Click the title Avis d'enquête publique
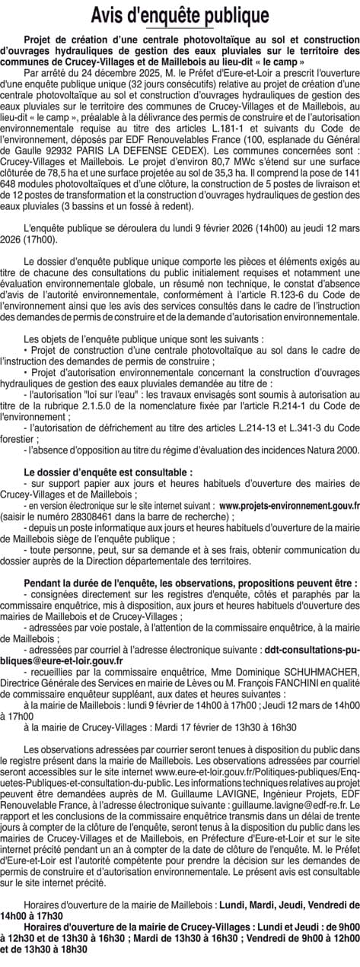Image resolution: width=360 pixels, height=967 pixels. tap(180, 15)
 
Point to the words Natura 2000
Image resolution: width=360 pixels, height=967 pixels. tap(330, 450)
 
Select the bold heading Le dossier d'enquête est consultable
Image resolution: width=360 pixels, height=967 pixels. tap(108, 472)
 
